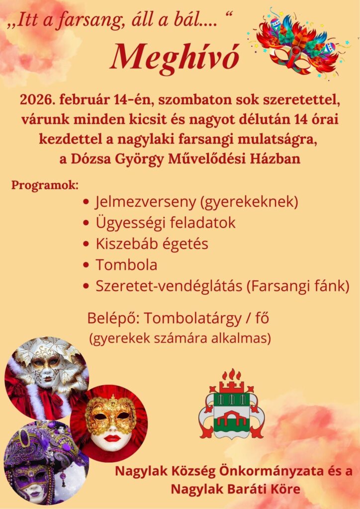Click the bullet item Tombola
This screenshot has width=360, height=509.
tap(126, 265)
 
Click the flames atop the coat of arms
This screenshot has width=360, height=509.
tap(232, 375)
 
